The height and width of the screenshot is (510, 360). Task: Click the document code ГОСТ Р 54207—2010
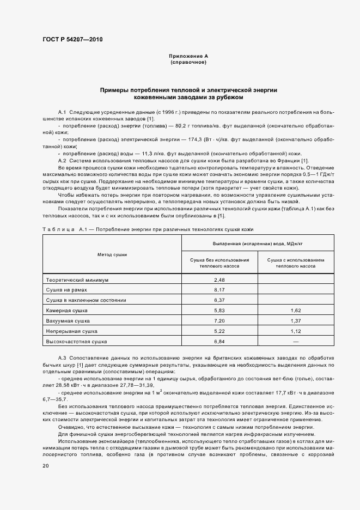pyautogui.click(x=72, y=40)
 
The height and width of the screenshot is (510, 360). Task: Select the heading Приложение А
pyautogui.click(x=188, y=56)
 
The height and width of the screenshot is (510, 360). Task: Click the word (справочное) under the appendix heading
pyautogui.click(x=188, y=62)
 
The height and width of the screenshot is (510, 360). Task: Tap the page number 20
pyautogui.click(x=45, y=466)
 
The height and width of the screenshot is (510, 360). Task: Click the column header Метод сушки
pyautogui.click(x=112, y=254)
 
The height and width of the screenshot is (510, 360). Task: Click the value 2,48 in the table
pyautogui.click(x=219, y=280)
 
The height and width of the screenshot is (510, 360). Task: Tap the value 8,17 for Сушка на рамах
pyautogui.click(x=219, y=290)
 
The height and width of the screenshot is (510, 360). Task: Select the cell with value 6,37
pyautogui.click(x=219, y=300)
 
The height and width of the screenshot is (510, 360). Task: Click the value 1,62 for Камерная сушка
pyautogui.click(x=296, y=310)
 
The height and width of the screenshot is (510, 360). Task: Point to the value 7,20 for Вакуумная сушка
pyautogui.click(x=219, y=320)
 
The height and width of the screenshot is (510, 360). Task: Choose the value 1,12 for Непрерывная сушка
pyautogui.click(x=296, y=331)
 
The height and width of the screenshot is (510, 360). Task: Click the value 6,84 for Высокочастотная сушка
pyautogui.click(x=219, y=341)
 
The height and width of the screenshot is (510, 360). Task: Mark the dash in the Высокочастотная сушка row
pyautogui.click(x=296, y=341)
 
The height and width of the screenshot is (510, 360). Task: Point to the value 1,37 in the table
pyautogui.click(x=296, y=320)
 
